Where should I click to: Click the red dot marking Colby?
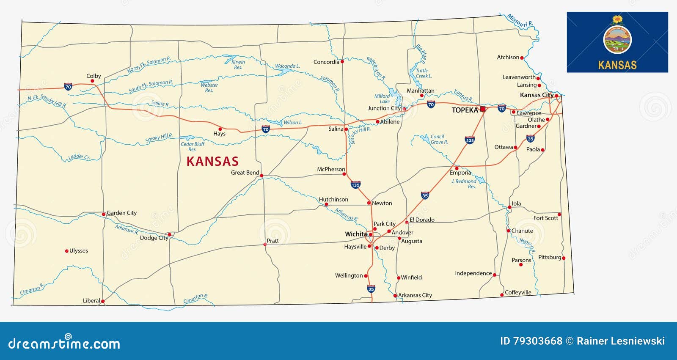[92, 81]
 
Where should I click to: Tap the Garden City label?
[121, 213]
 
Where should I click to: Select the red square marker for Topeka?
[483, 109]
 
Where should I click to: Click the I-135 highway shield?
[355, 185]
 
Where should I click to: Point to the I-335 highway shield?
[470, 140]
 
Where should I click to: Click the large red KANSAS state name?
[212, 161]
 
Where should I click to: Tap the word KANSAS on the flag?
[617, 65]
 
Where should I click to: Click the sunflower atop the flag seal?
[617, 19]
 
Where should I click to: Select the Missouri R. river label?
[520, 21]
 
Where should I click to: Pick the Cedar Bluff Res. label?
[193, 146]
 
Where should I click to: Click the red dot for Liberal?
[103, 301]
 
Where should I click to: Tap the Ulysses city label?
[79, 251]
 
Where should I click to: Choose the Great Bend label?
[245, 173]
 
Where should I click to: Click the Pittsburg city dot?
[564, 258]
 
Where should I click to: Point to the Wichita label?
[356, 234]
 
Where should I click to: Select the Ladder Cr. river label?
[79, 157]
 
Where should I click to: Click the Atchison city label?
[508, 57]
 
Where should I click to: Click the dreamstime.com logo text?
[64, 344]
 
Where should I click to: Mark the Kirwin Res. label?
[238, 65]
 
